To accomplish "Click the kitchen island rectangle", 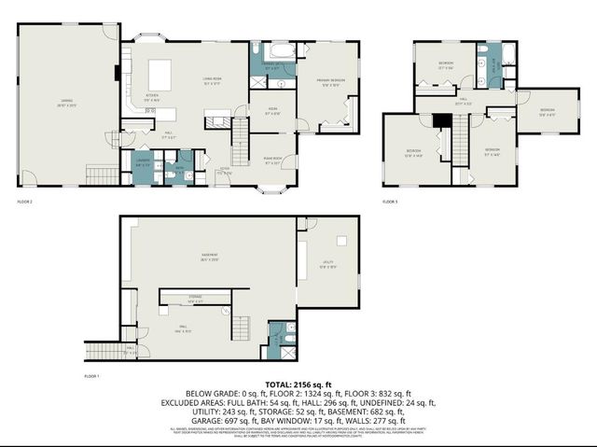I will coord(158,72).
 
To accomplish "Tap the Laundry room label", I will coord(143,164).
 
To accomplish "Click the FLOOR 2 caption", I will coord(25,201).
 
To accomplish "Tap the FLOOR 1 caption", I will coord(91,375).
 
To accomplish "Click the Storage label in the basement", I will coord(193,300).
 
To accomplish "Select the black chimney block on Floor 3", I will coord(442,119).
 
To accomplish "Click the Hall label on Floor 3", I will coord(463,101).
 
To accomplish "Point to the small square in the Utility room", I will coord(342,241).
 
